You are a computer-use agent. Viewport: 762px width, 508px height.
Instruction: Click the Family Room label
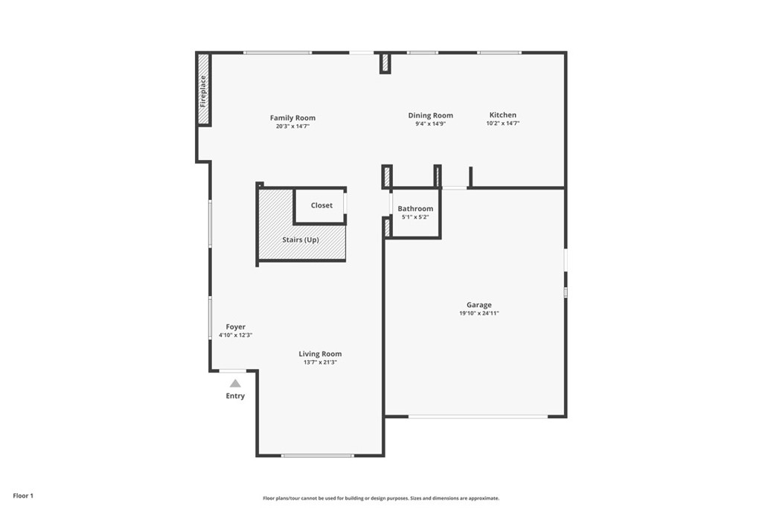pyautogui.click(x=292, y=118)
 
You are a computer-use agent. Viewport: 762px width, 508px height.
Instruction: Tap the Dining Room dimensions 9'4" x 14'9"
pyautogui.click(x=431, y=124)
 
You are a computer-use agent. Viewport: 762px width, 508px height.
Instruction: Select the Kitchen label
pyautogui.click(x=503, y=115)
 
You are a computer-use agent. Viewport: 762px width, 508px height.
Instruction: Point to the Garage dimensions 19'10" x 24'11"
pyautogui.click(x=479, y=313)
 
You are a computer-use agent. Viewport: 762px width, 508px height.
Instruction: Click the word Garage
pyautogui.click(x=479, y=305)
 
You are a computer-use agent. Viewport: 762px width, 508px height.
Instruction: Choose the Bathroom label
pyautogui.click(x=415, y=208)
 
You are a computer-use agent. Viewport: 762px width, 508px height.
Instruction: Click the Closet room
pyautogui.click(x=319, y=205)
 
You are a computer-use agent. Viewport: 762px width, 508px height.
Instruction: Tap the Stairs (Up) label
pyautogui.click(x=301, y=240)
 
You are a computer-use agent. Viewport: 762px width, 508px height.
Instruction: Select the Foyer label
pyautogui.click(x=236, y=327)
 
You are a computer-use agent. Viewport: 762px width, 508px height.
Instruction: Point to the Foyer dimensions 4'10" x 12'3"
pyautogui.click(x=236, y=335)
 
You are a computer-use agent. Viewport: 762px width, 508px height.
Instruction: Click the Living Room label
pyautogui.click(x=320, y=354)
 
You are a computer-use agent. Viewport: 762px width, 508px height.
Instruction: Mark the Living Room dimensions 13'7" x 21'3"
pyautogui.click(x=320, y=362)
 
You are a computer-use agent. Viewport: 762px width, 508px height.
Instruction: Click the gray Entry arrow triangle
pyautogui.click(x=235, y=384)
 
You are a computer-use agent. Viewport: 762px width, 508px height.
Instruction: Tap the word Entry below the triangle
pyautogui.click(x=235, y=396)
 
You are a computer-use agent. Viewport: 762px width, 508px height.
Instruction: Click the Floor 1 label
pyautogui.click(x=23, y=496)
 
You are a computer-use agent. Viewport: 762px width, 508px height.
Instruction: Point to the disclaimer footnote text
pyautogui.click(x=381, y=498)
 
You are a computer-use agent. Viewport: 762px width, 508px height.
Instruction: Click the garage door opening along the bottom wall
pyautogui.click(x=478, y=417)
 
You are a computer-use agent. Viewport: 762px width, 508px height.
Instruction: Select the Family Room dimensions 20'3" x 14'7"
pyautogui.click(x=292, y=126)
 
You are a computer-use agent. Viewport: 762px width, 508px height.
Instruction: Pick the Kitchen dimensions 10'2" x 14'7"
pyautogui.click(x=503, y=123)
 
